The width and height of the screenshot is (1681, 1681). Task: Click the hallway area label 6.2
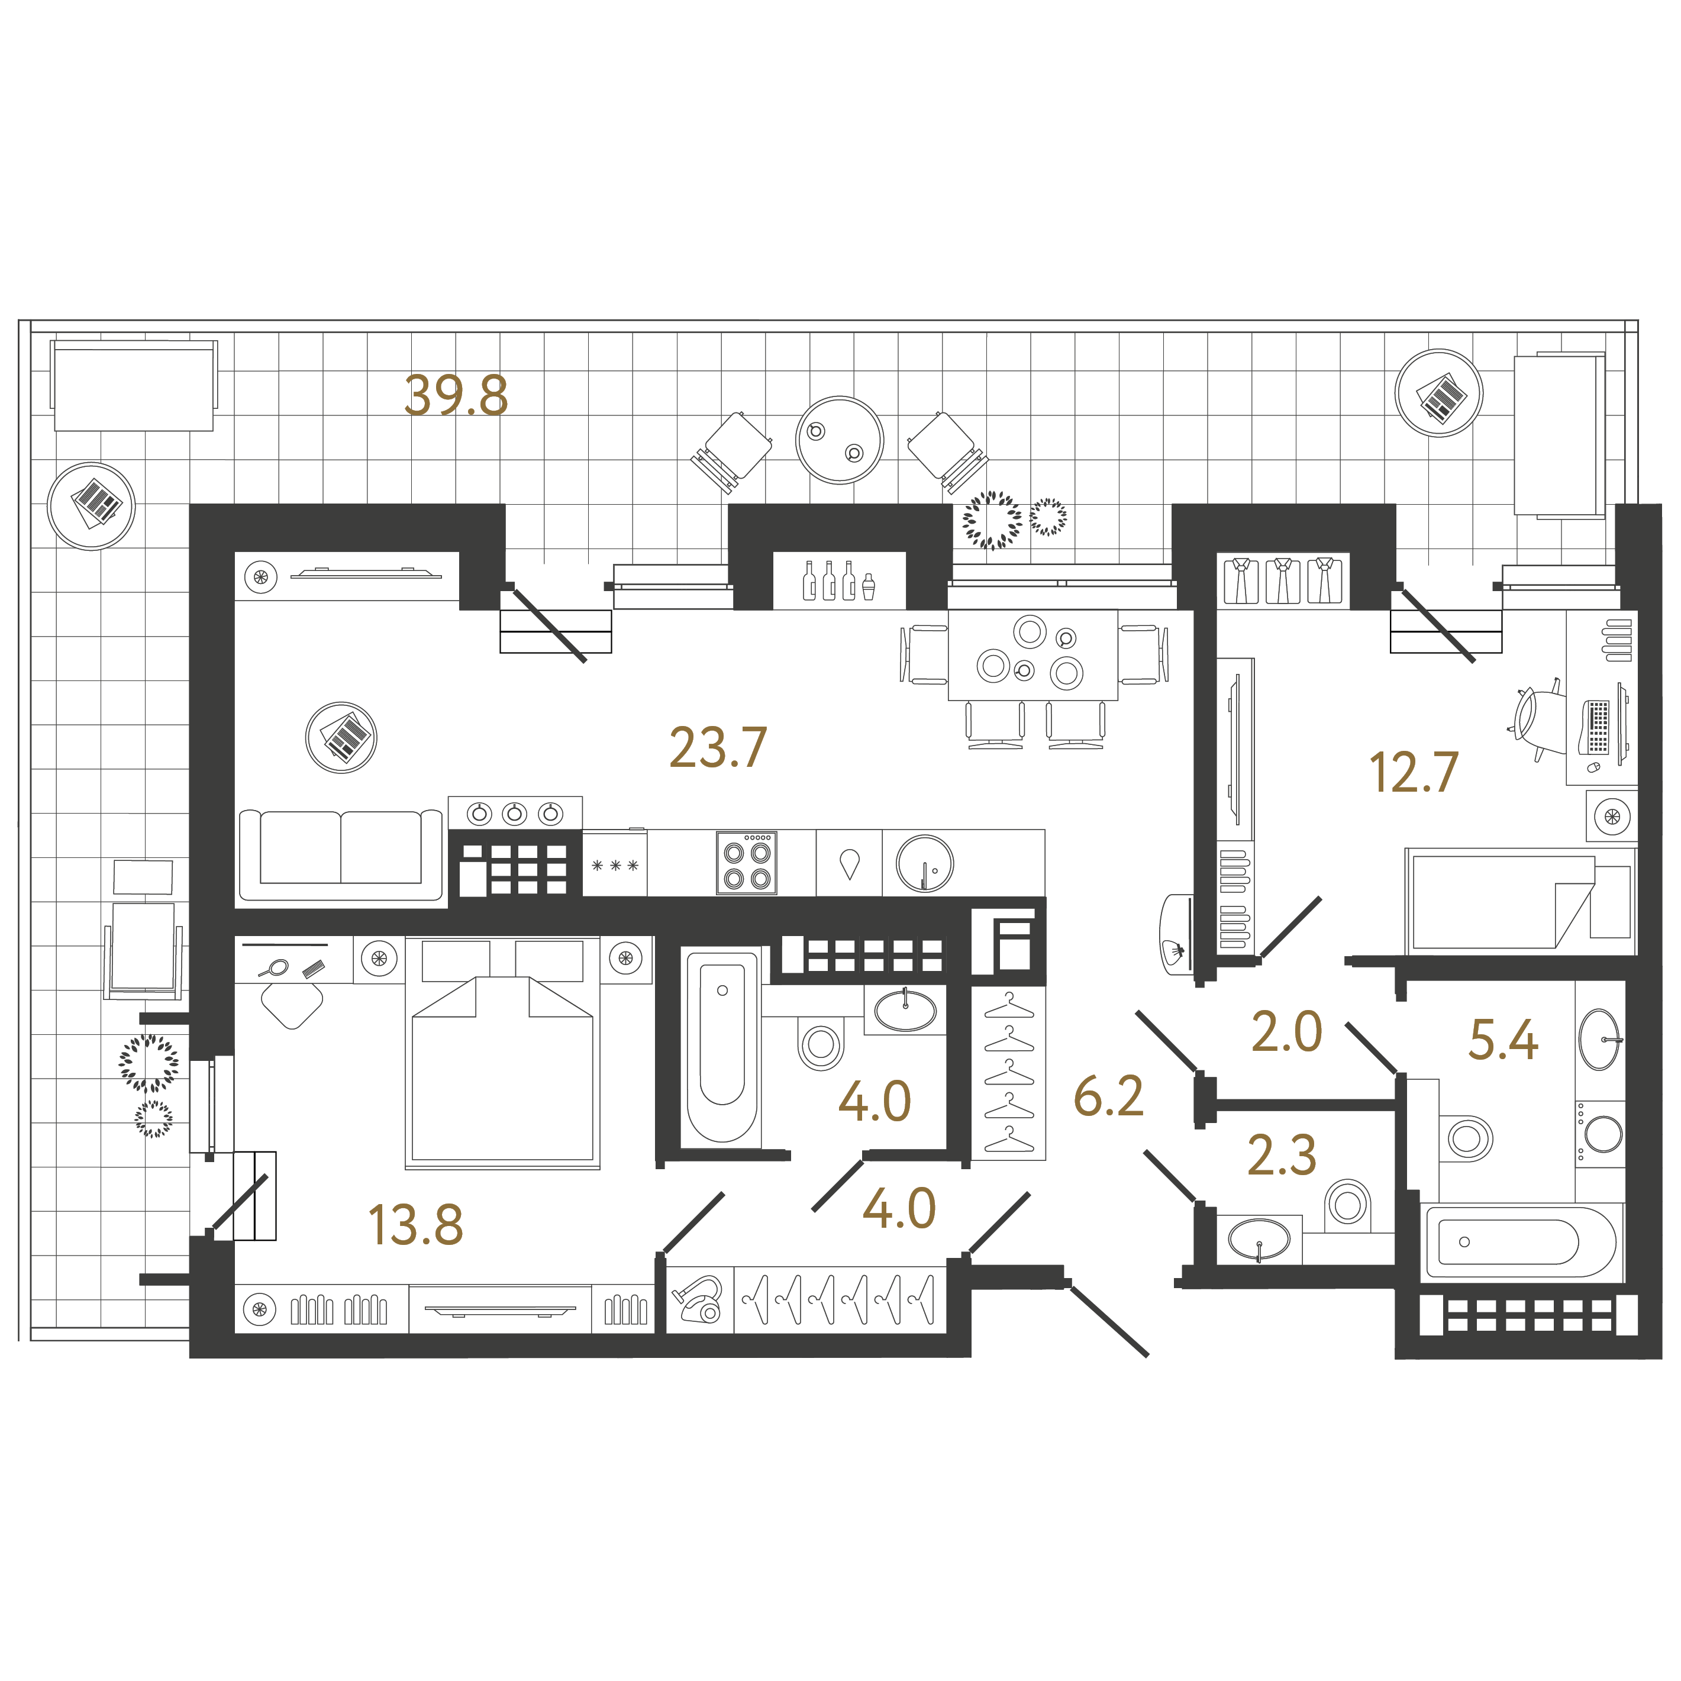[1108, 1096]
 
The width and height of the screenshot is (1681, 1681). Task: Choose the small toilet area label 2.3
[1282, 1156]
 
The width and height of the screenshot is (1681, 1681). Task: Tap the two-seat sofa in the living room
[341, 853]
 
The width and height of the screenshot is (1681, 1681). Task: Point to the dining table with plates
[1033, 655]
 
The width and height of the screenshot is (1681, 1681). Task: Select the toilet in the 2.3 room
[1348, 1204]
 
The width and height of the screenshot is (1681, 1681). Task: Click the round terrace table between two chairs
[840, 440]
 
